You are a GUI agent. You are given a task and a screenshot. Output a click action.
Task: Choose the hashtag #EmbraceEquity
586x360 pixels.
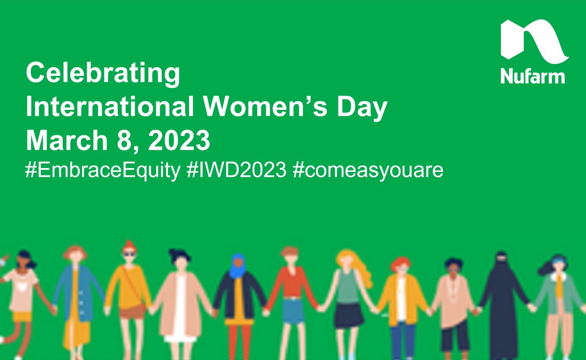[103, 172]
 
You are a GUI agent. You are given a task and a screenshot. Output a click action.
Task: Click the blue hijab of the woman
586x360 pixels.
[238, 266]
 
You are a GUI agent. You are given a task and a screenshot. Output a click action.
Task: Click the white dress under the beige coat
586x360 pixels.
[180, 313]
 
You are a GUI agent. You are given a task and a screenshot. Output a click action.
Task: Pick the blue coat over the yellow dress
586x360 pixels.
[63, 293]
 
